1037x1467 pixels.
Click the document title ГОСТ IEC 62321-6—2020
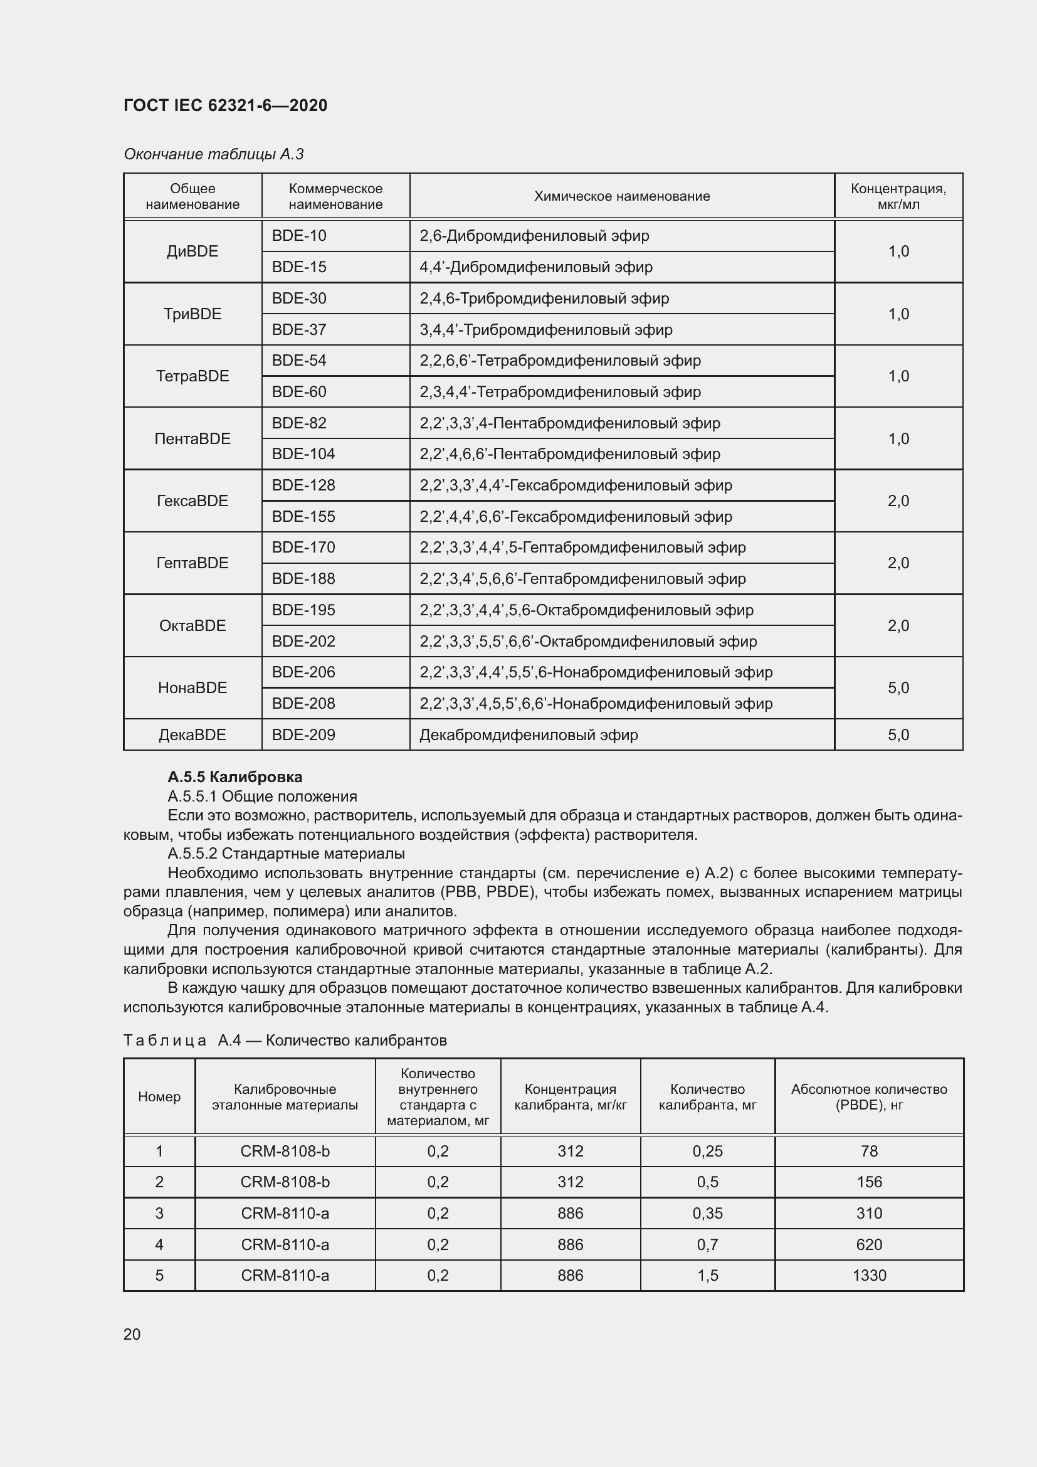pyautogui.click(x=225, y=105)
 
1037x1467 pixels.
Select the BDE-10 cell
pyautogui.click(x=299, y=236)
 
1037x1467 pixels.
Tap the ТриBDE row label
pyautogui.click(x=192, y=314)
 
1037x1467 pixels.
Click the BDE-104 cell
pyautogui.click(x=303, y=453)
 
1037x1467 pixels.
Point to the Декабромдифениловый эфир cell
pyautogui.click(x=528, y=735)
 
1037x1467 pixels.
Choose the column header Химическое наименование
pyautogui.click(x=621, y=196)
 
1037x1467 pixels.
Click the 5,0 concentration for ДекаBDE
pyautogui.click(x=898, y=735)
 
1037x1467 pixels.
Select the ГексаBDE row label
pyautogui.click(x=192, y=501)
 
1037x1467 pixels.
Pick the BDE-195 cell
pyautogui.click(x=303, y=610)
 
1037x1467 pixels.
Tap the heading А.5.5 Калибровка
pyautogui.click(x=234, y=777)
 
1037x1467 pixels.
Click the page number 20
pyautogui.click(x=132, y=1334)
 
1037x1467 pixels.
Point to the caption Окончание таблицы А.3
pyautogui.click(x=213, y=154)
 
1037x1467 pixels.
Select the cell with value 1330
pyautogui.click(x=868, y=1275)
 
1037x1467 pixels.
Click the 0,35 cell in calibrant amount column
pyautogui.click(x=707, y=1214)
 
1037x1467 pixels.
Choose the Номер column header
pyautogui.click(x=159, y=1096)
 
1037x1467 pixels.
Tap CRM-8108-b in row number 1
pyautogui.click(x=285, y=1151)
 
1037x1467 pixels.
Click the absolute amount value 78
pyautogui.click(x=868, y=1151)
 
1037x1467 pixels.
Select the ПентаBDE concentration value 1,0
pyautogui.click(x=898, y=438)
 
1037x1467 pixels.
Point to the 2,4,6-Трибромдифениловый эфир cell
pyautogui.click(x=544, y=299)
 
